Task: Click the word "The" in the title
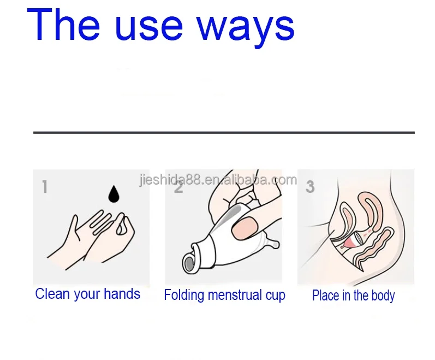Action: point(63,25)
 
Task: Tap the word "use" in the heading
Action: point(148,28)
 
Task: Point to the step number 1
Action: point(45,186)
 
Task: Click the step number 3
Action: point(310,186)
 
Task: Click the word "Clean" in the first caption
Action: point(52,294)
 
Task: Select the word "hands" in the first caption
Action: point(122,294)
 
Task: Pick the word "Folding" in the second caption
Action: point(184,295)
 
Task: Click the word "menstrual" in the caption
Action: point(235,295)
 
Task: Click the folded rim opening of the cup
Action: point(190,263)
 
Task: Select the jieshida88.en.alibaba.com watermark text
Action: point(218,180)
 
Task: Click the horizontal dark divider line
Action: point(224,133)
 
